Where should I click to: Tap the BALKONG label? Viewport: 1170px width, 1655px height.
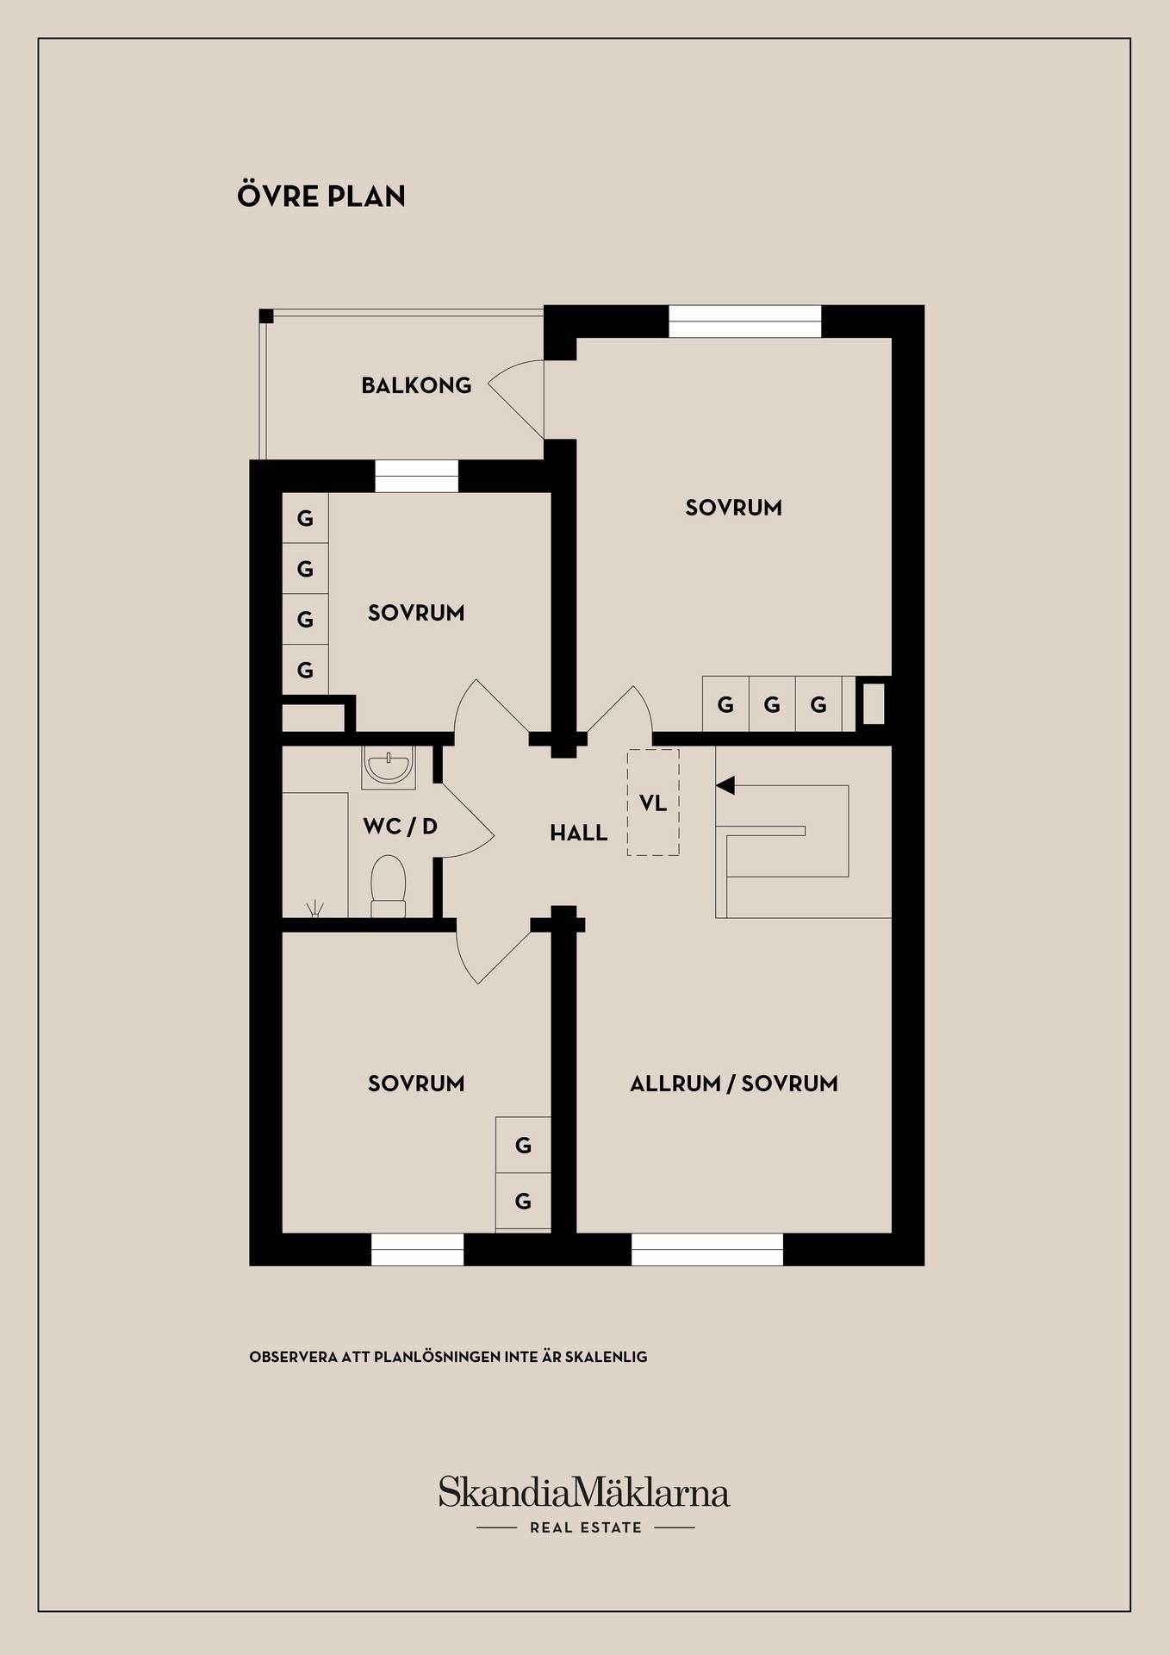(x=416, y=385)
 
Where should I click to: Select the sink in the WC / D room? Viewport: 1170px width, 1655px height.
(x=389, y=766)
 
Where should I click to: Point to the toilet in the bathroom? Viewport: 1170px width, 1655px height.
(x=388, y=886)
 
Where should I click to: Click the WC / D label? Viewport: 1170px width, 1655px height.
(x=400, y=827)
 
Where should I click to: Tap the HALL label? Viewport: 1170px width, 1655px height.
(x=579, y=833)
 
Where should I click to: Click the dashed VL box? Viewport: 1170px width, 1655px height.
(x=653, y=803)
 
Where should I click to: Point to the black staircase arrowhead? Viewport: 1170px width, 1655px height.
(x=725, y=785)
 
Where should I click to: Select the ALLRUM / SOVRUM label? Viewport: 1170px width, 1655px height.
(x=734, y=1084)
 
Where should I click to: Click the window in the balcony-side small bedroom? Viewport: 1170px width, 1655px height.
(x=417, y=476)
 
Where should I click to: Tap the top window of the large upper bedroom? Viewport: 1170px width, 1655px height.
(x=745, y=322)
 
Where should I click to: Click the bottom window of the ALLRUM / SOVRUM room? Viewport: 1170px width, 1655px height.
(x=707, y=1249)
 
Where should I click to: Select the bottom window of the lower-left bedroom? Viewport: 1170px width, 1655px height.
(x=417, y=1249)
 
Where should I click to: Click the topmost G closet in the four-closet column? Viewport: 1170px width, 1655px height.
(x=305, y=518)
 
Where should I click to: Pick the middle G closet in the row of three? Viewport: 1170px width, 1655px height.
(x=772, y=704)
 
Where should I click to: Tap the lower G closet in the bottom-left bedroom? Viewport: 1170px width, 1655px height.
(x=523, y=1201)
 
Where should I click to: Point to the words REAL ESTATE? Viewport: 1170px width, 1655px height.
(x=586, y=1527)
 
